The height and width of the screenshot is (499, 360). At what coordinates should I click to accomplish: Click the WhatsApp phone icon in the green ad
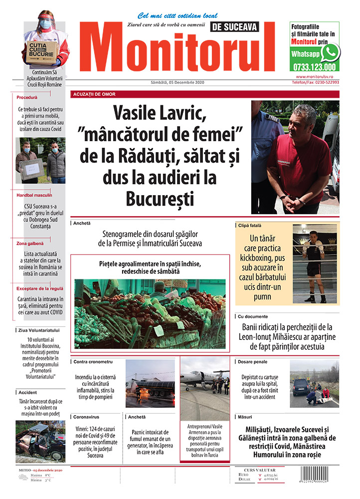330,52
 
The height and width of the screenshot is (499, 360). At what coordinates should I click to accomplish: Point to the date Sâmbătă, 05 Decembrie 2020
178,82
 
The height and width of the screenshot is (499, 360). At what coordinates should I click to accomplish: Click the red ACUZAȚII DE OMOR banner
90,94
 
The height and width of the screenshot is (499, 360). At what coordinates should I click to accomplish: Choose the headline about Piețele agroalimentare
150,267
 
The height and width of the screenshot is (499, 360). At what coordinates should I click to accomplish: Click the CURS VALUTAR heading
261,469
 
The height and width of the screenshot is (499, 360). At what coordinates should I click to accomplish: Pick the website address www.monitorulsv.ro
317,77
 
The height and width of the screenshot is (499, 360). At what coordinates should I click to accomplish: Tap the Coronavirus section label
88,416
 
